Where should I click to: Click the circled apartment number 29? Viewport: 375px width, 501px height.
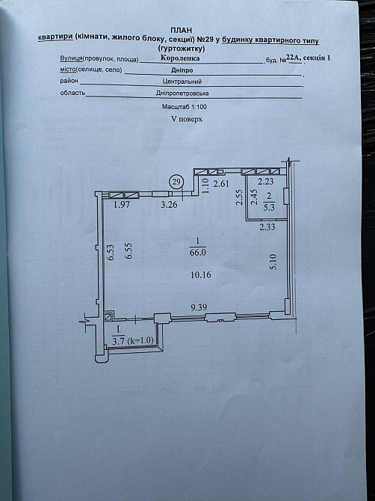pos(176,182)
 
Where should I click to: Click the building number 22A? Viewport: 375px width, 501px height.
pos(297,57)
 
